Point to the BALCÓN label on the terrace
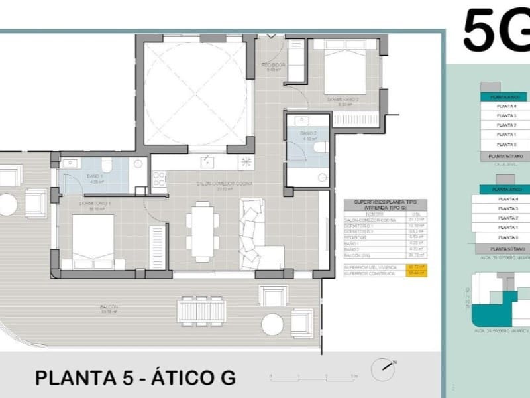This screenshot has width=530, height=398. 109,308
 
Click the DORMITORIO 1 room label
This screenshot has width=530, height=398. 91,202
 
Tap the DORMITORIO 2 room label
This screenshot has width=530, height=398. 343,100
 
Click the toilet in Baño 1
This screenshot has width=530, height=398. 106,165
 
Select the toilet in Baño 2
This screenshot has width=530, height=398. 319,147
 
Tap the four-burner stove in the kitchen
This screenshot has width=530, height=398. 159,178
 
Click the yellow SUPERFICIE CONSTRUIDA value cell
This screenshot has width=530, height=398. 417,273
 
